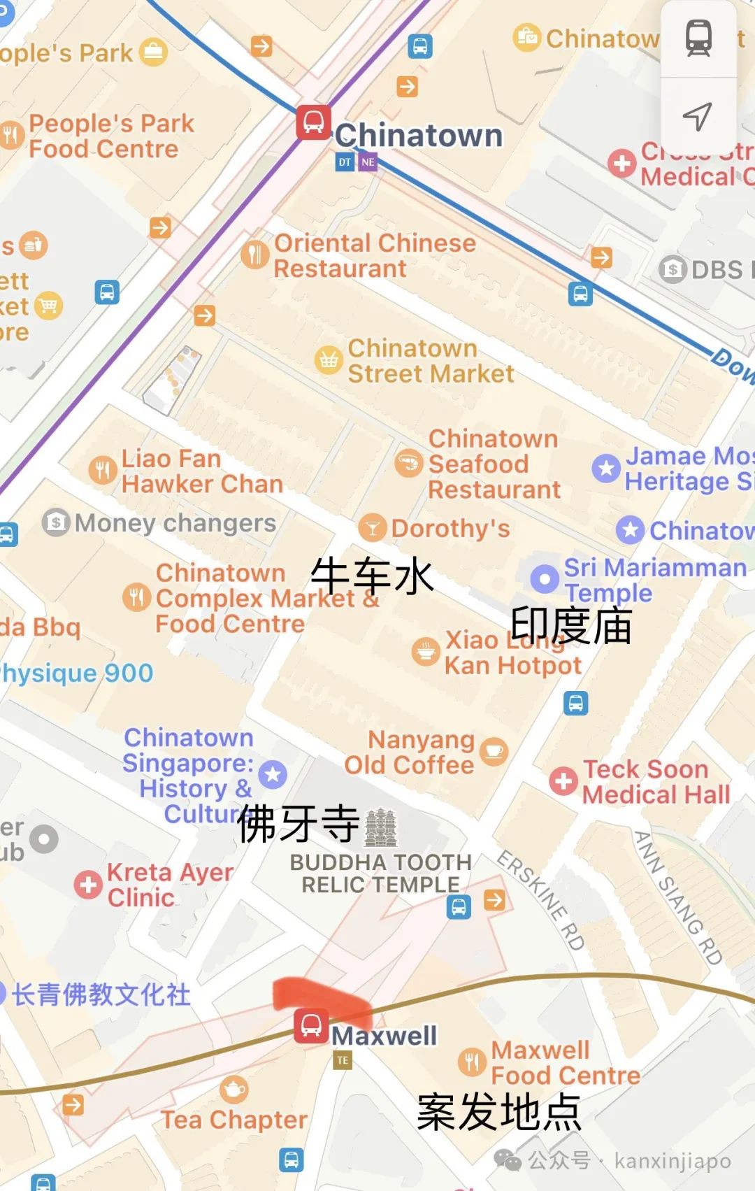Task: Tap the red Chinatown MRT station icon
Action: [x=312, y=122]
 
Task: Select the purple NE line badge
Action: [x=368, y=162]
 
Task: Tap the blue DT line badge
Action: [x=345, y=162]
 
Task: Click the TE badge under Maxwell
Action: [x=343, y=1060]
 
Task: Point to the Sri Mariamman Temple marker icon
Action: [x=544, y=578]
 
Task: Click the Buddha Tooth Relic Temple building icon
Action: [x=381, y=827]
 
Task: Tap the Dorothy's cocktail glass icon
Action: [x=372, y=528]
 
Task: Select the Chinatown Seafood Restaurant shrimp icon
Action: [x=408, y=463]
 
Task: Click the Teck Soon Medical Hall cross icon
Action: [x=563, y=781]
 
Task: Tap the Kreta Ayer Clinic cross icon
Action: [x=88, y=885]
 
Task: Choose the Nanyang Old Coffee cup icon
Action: [x=494, y=751]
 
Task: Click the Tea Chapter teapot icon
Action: [x=233, y=1089]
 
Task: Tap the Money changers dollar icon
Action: [x=56, y=522]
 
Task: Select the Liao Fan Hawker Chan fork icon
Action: [x=103, y=470]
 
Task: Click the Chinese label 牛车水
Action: [x=372, y=577]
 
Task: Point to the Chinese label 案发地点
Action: [x=498, y=1112]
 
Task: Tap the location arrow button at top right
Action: [x=698, y=116]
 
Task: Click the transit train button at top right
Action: [x=698, y=38]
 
